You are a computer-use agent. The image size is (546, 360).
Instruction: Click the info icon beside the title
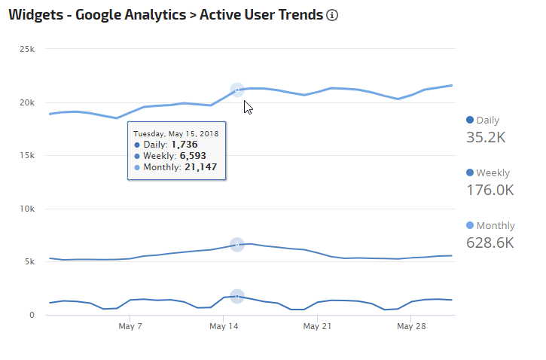(332, 15)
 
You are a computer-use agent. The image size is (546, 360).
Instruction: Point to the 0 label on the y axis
(32, 315)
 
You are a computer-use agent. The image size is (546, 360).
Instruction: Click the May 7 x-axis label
(130, 327)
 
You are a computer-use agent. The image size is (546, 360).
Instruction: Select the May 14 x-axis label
(223, 327)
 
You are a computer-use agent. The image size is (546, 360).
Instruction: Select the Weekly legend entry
(487, 173)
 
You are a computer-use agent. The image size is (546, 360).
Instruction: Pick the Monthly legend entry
(491, 226)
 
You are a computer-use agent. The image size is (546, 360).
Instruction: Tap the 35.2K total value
(487, 137)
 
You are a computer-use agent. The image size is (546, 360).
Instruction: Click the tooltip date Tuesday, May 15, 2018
(176, 133)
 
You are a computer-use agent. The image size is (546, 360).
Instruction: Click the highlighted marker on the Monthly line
(236, 90)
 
